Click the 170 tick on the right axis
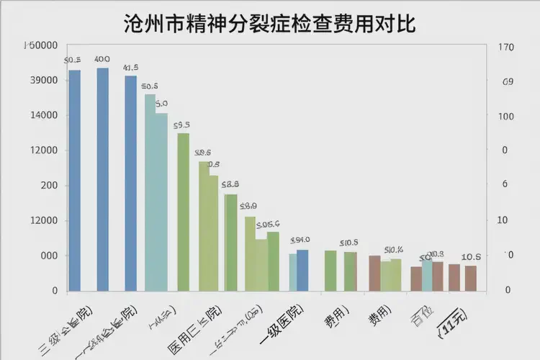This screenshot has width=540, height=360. (x=505, y=48)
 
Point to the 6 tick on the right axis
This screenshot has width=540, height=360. (x=505, y=185)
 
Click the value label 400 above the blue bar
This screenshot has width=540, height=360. (x=102, y=59)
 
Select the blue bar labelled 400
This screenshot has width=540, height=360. (x=102, y=180)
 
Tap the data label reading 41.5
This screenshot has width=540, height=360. (x=131, y=68)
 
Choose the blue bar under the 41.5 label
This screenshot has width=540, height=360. (x=130, y=184)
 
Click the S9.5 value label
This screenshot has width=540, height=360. (x=182, y=125)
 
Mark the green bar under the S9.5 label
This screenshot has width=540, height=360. (x=183, y=212)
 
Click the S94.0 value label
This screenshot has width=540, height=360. (x=300, y=240)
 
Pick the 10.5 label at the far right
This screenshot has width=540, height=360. (x=472, y=257)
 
